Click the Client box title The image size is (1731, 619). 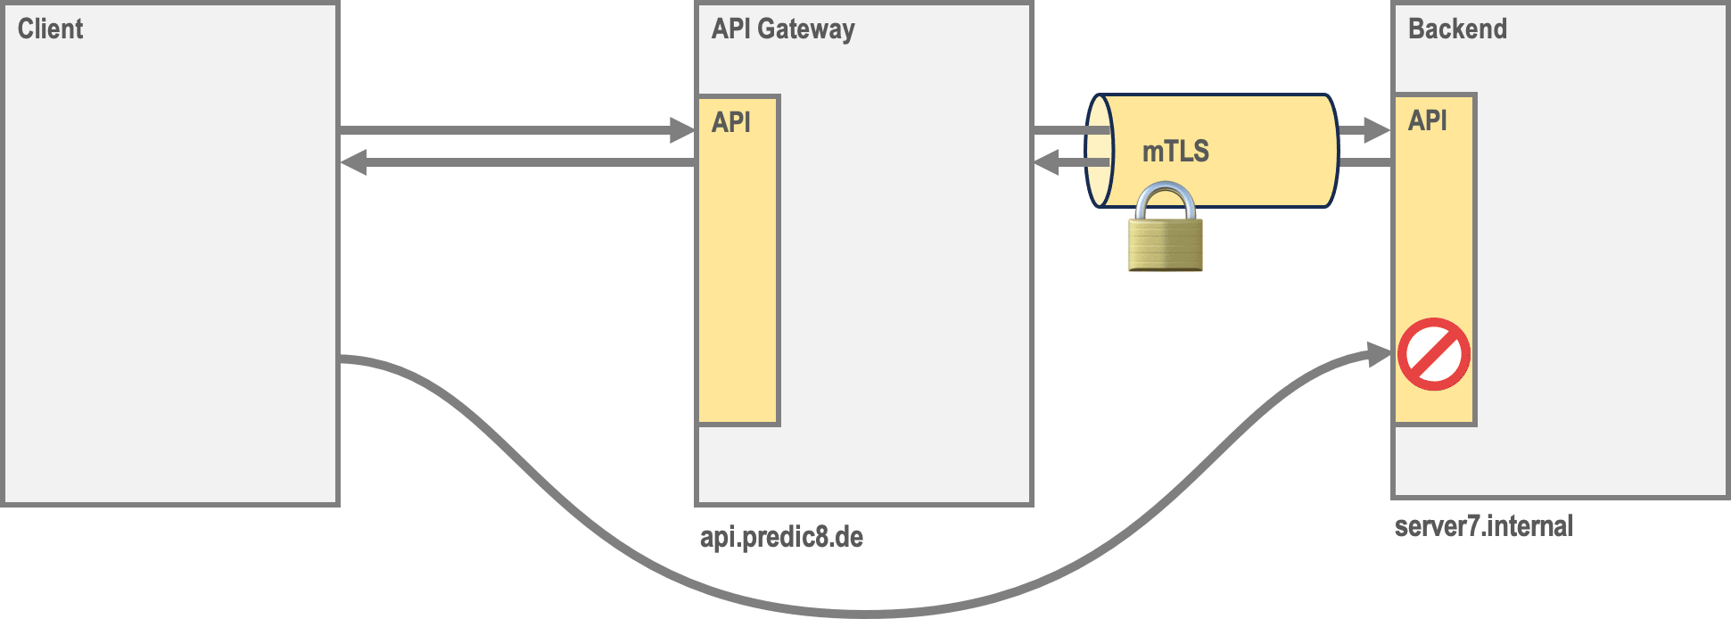[x=50, y=29]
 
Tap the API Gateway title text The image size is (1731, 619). [x=782, y=29]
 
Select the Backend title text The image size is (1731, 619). [x=1457, y=29]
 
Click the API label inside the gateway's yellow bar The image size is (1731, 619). [x=731, y=122]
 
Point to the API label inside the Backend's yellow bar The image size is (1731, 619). [x=1427, y=120]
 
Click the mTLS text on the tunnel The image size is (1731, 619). [x=1175, y=152]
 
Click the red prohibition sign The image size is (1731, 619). [x=1433, y=354]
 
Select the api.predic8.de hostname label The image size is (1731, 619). [x=781, y=537]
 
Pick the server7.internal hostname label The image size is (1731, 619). [x=1483, y=526]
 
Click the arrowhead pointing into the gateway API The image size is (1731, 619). [x=683, y=130]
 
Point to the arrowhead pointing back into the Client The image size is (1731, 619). [x=354, y=162]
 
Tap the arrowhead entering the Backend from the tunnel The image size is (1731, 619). [x=1377, y=130]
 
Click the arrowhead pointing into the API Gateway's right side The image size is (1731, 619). [x=1045, y=162]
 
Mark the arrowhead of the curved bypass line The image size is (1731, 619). [x=1380, y=355]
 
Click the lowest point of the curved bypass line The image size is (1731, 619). [x=865, y=614]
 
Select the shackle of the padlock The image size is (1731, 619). [x=1166, y=201]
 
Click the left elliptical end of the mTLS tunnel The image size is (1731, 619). [x=1099, y=151]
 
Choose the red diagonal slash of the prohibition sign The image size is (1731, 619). [x=1433, y=354]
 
